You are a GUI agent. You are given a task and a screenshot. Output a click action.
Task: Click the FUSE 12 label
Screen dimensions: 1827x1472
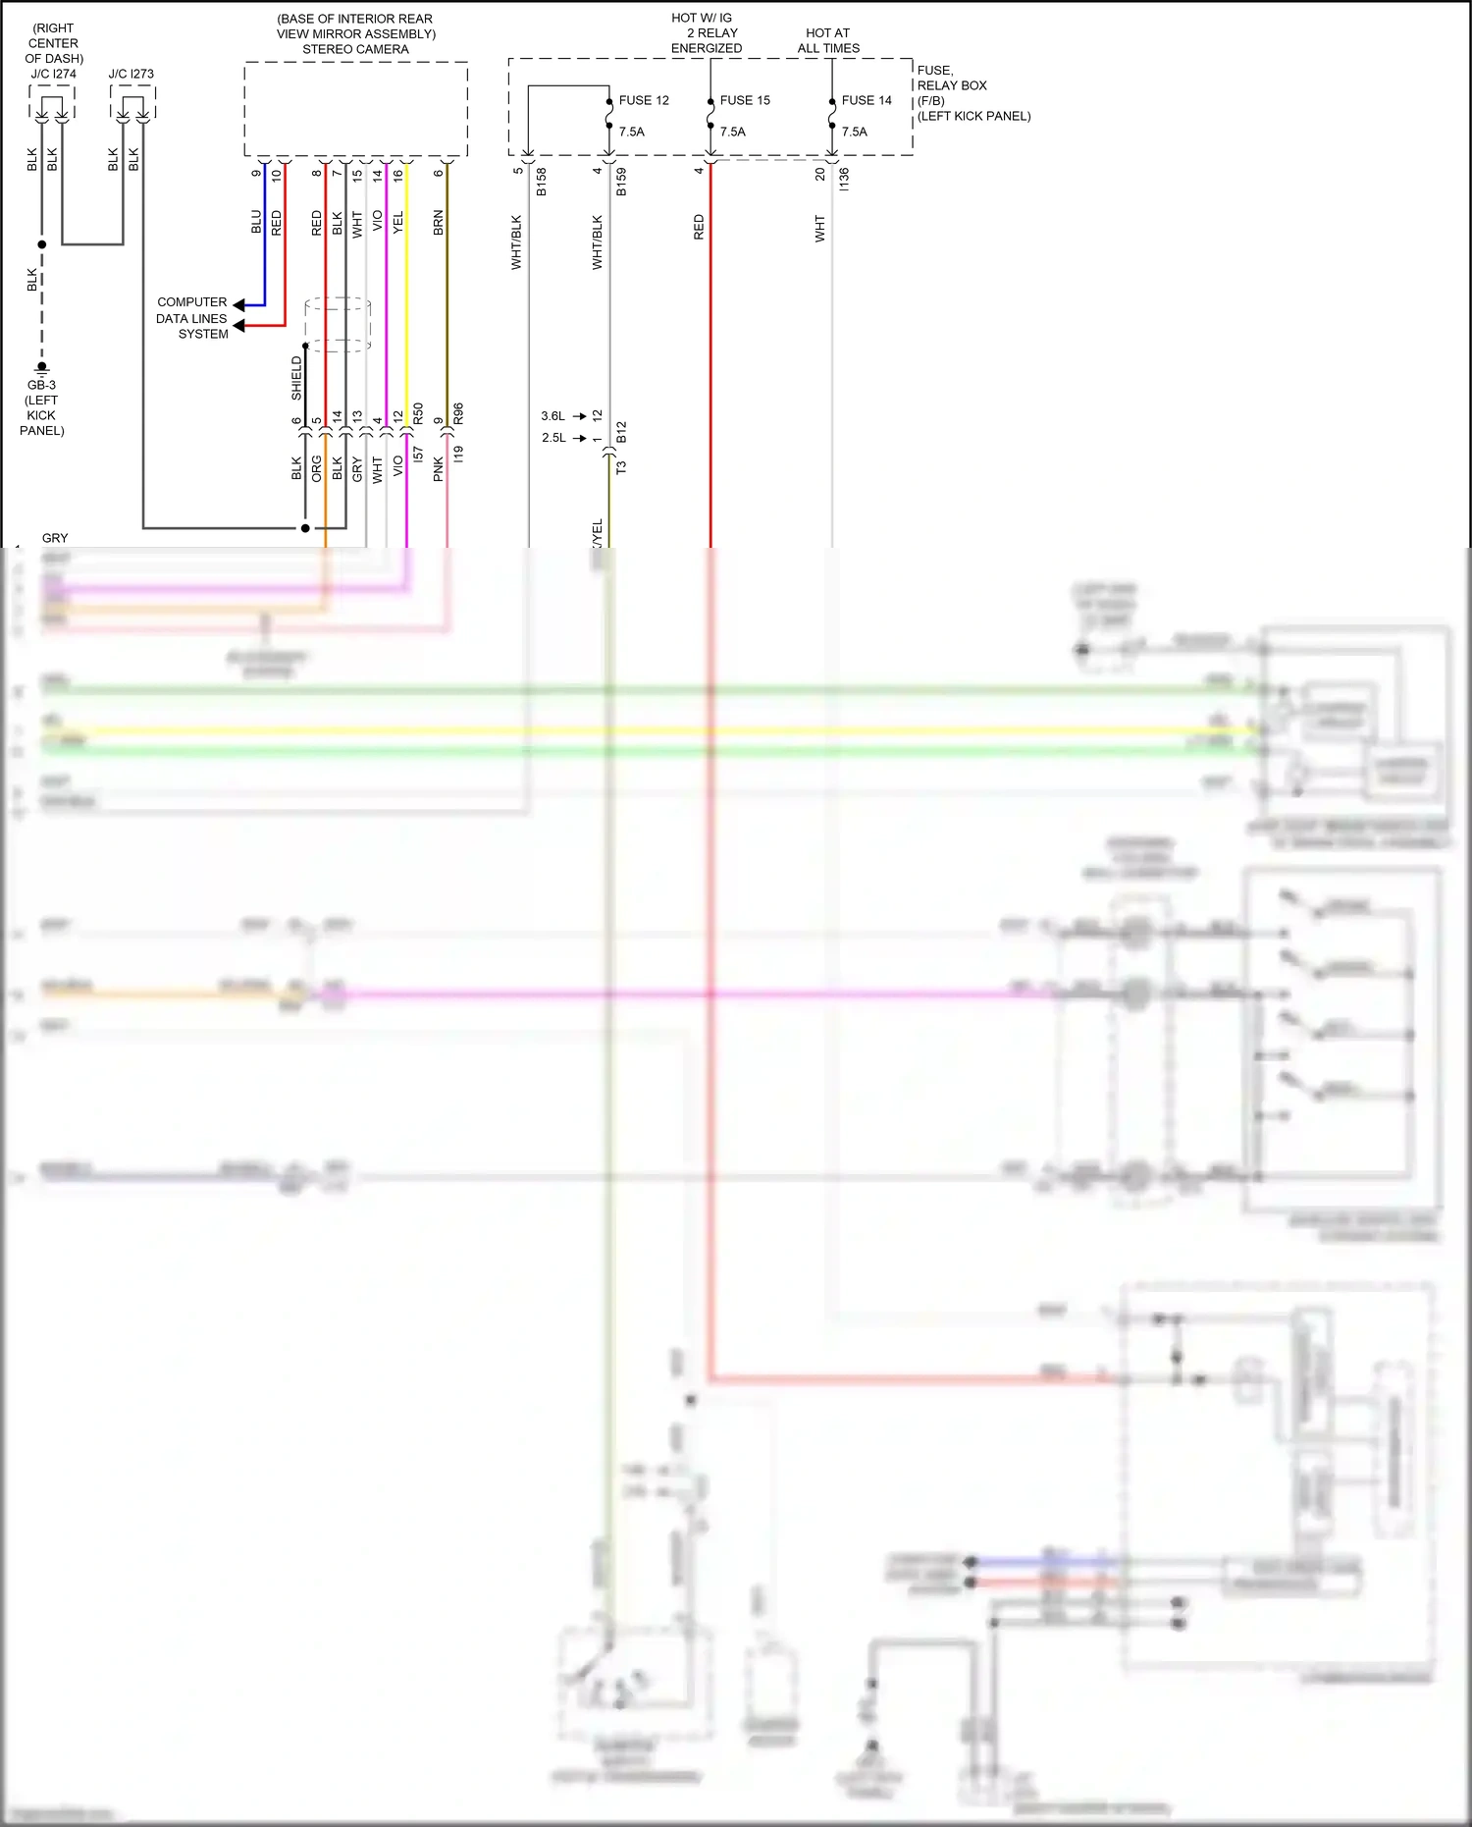pos(644,100)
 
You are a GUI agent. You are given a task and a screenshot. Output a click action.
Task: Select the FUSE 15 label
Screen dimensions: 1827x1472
pos(745,100)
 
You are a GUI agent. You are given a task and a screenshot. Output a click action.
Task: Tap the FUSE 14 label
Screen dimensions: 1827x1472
pos(867,100)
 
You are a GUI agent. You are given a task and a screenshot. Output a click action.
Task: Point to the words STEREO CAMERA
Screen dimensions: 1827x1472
pos(355,49)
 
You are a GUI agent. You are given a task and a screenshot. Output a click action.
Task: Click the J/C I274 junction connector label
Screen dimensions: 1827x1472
pos(53,74)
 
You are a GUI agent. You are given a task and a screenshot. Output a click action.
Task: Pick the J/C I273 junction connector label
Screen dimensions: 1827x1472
pos(131,74)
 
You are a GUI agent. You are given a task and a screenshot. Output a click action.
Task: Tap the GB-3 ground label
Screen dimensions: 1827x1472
pos(41,385)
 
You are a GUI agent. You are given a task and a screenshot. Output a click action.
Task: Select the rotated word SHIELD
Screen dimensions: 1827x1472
pos(296,378)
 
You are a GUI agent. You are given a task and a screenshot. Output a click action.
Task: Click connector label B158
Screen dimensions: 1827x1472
pos(542,182)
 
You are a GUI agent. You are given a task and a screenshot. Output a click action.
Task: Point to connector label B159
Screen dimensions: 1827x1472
pos(621,182)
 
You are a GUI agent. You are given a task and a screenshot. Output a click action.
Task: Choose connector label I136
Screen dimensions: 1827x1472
pos(844,179)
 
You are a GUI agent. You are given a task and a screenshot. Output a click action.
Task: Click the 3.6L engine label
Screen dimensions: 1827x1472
pos(553,416)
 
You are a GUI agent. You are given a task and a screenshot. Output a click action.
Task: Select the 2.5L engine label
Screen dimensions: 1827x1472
pos(553,438)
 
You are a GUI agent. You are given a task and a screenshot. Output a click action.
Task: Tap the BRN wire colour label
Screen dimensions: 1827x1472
pos(439,222)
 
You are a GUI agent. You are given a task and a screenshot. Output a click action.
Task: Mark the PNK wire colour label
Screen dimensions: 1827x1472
pos(439,469)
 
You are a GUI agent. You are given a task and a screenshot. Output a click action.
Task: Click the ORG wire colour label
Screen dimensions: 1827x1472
pos(317,468)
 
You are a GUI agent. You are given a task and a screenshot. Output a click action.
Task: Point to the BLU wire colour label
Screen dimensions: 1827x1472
pos(256,222)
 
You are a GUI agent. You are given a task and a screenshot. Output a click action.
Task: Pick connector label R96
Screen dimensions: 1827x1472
pos(458,414)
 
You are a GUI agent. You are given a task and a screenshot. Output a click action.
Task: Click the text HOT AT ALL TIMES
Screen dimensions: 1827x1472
pos(828,40)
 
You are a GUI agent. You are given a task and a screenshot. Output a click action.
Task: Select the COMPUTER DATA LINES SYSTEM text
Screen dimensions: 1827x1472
pos(192,318)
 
